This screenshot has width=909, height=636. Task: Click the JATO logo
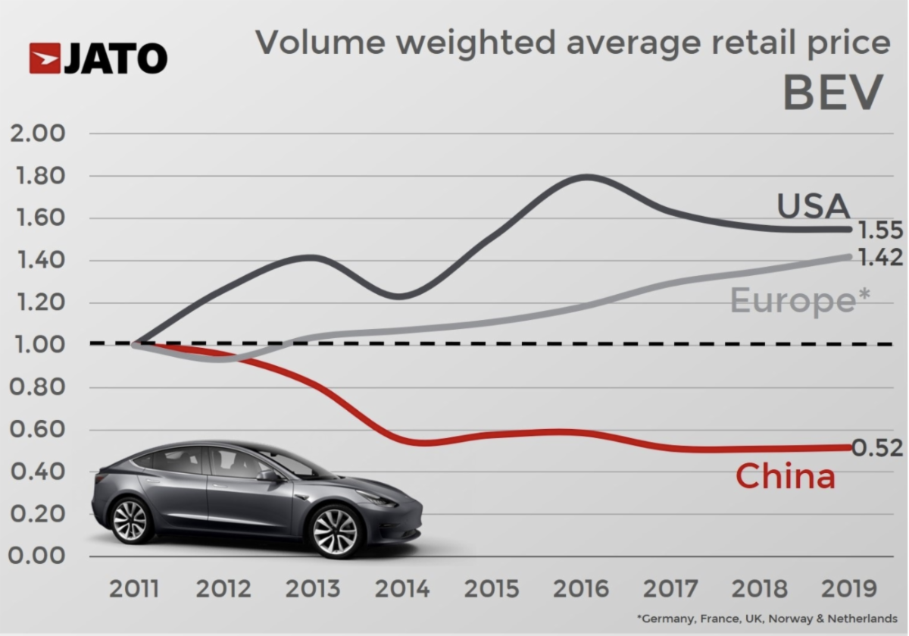(x=98, y=58)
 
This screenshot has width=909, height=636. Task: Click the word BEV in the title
(x=832, y=93)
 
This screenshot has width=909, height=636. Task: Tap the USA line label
(x=813, y=206)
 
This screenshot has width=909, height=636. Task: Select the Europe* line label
(x=798, y=301)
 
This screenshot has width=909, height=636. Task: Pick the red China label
(x=785, y=476)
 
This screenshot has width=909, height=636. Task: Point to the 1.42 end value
(x=879, y=258)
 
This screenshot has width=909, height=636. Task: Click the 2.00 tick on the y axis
(x=36, y=134)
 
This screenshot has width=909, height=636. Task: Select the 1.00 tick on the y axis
(x=36, y=346)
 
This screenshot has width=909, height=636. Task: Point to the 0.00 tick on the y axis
(x=36, y=556)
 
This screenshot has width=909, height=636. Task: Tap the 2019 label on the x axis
(x=848, y=589)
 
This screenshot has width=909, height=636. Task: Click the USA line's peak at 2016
(x=587, y=177)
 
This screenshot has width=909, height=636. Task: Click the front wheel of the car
(x=335, y=530)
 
